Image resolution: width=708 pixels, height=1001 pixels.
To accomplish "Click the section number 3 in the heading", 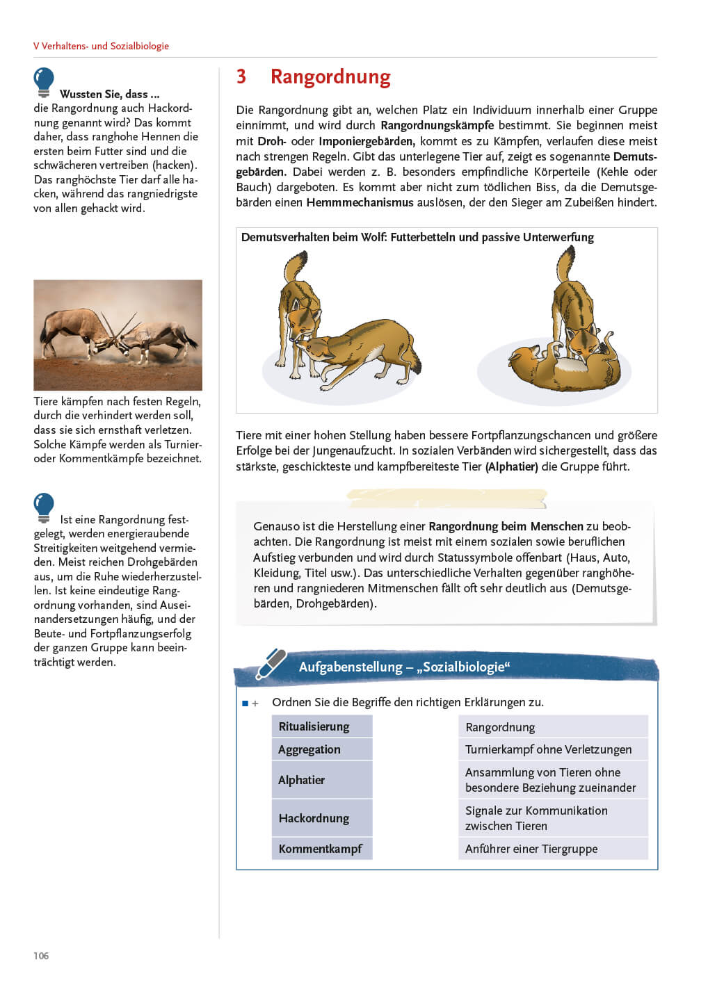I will point(241,76).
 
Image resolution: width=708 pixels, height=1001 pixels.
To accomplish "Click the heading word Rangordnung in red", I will point(330,76).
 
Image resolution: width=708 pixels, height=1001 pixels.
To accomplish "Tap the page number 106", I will point(41,956).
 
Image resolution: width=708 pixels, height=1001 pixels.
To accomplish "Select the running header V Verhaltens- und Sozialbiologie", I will point(101,46).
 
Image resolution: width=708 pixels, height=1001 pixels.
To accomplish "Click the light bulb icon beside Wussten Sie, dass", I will point(44,81).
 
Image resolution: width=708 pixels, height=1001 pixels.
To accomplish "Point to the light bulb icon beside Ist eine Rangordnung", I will point(44,507).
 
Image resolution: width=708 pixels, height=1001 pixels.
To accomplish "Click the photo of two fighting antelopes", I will point(118,334).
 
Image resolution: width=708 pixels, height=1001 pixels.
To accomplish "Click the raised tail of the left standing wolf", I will point(296,266).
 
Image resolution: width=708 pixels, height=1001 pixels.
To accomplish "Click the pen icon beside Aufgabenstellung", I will point(271,663).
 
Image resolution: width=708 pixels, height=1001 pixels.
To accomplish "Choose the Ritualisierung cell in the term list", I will point(321,726).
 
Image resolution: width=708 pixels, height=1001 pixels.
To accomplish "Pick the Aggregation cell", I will point(321,749).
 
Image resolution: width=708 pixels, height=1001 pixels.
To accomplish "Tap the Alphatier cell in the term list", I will point(321,780).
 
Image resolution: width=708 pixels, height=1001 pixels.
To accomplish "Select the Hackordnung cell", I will point(321,818).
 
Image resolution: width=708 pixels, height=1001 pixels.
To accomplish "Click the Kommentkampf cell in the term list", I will point(321,849).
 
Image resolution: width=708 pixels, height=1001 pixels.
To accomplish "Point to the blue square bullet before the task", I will point(245,703).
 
